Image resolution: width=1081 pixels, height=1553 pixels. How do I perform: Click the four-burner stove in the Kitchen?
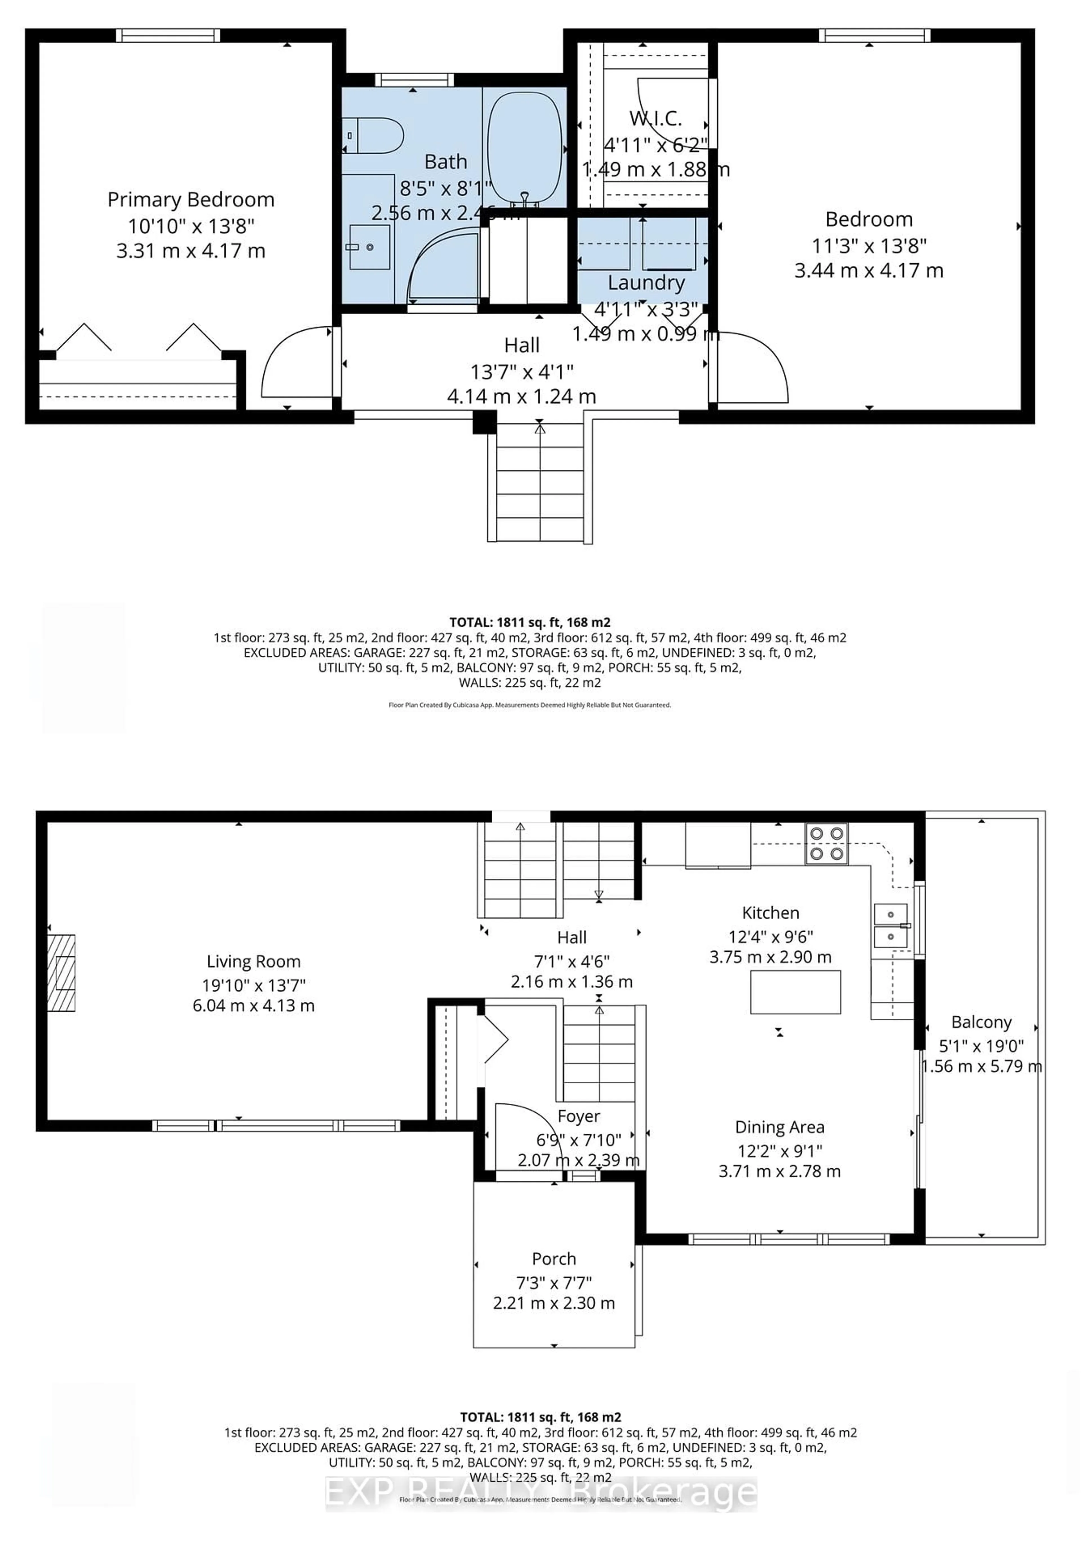point(826,843)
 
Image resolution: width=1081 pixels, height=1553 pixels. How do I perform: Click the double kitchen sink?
point(890,925)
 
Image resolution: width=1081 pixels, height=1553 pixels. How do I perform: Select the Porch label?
point(553,1259)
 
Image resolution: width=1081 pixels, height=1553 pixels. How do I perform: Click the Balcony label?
point(981,1022)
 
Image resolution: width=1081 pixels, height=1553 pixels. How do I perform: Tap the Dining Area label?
point(779,1128)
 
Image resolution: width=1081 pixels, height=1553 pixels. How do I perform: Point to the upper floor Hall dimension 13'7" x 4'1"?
point(522,371)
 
